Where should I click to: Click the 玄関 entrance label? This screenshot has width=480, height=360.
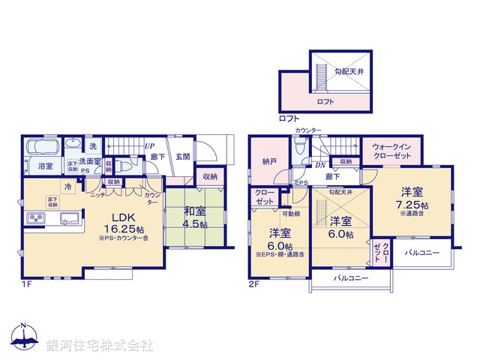click(x=182, y=157)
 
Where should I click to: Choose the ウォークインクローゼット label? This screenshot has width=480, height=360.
click(x=391, y=152)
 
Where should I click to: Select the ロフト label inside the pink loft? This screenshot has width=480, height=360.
click(x=325, y=101)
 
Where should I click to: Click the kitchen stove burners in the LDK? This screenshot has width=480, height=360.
click(x=36, y=217)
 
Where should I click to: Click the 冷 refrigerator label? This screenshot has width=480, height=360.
click(x=68, y=187)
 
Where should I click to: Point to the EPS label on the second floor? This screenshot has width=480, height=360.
click(x=301, y=182)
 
